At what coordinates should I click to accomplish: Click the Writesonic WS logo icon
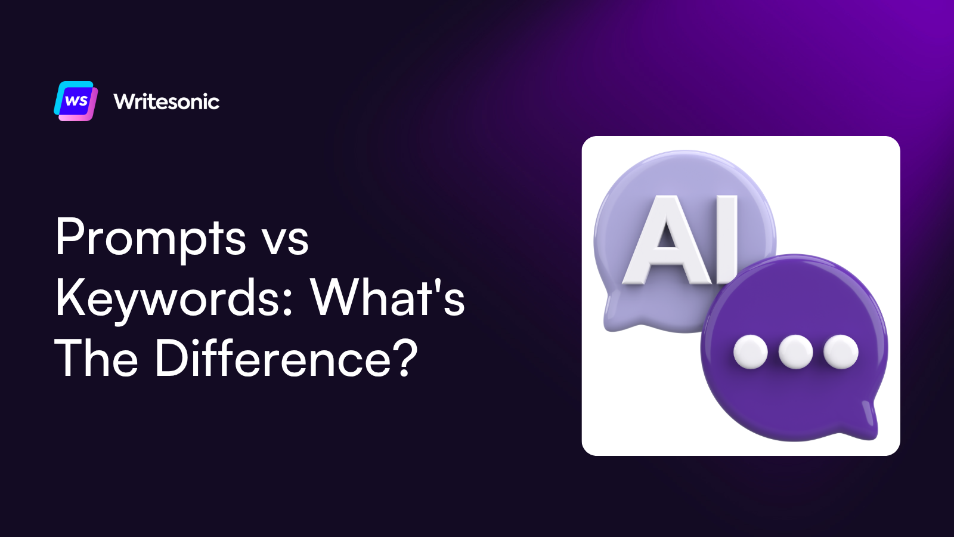coord(76,101)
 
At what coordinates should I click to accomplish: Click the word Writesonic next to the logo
coord(166,101)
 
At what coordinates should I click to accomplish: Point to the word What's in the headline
coord(388,297)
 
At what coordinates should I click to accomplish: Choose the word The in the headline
coord(96,358)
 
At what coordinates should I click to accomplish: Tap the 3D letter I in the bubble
coord(727,239)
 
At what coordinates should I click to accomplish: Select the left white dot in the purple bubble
coord(750,351)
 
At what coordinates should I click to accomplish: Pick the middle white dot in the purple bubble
coord(795,351)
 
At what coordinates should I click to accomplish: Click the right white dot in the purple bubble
coord(841,351)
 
